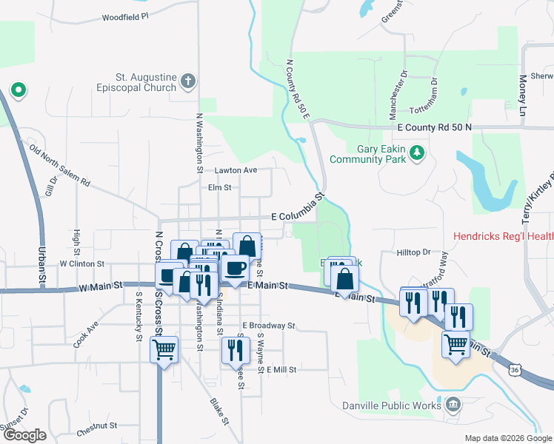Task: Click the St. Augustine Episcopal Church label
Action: click(x=145, y=82)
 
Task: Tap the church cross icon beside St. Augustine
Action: click(x=188, y=81)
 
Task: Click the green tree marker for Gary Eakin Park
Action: click(x=418, y=152)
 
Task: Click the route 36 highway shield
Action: click(x=515, y=369)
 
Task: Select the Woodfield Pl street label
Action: click(x=125, y=16)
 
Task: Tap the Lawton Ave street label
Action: click(x=236, y=170)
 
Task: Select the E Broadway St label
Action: click(x=269, y=325)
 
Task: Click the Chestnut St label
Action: click(x=97, y=425)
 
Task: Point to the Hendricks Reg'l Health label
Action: click(x=503, y=237)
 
